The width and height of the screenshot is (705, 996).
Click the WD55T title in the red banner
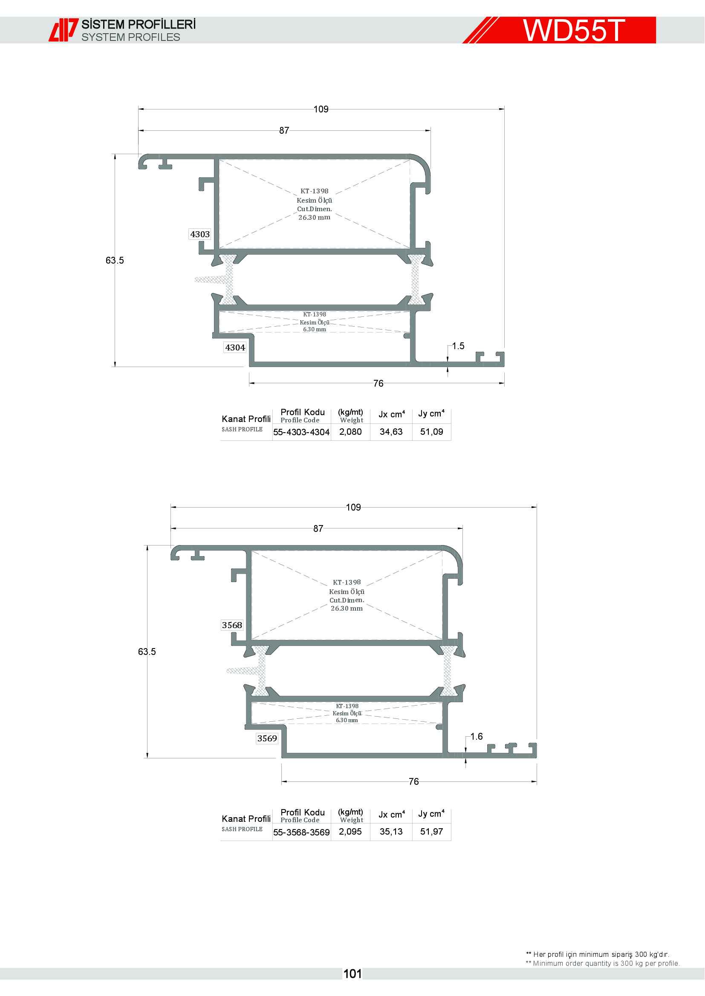[573, 30]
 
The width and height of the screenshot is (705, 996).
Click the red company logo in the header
[64, 30]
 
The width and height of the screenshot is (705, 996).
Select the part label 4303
[199, 234]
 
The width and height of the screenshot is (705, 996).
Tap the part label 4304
[235, 347]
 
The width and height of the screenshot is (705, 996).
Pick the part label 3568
[232, 625]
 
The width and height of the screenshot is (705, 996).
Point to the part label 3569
[267, 738]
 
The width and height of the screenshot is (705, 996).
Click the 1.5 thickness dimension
[458, 346]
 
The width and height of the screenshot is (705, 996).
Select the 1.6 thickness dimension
[476, 736]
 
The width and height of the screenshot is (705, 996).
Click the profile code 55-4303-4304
[301, 432]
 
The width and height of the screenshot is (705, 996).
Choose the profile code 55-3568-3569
[301, 832]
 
